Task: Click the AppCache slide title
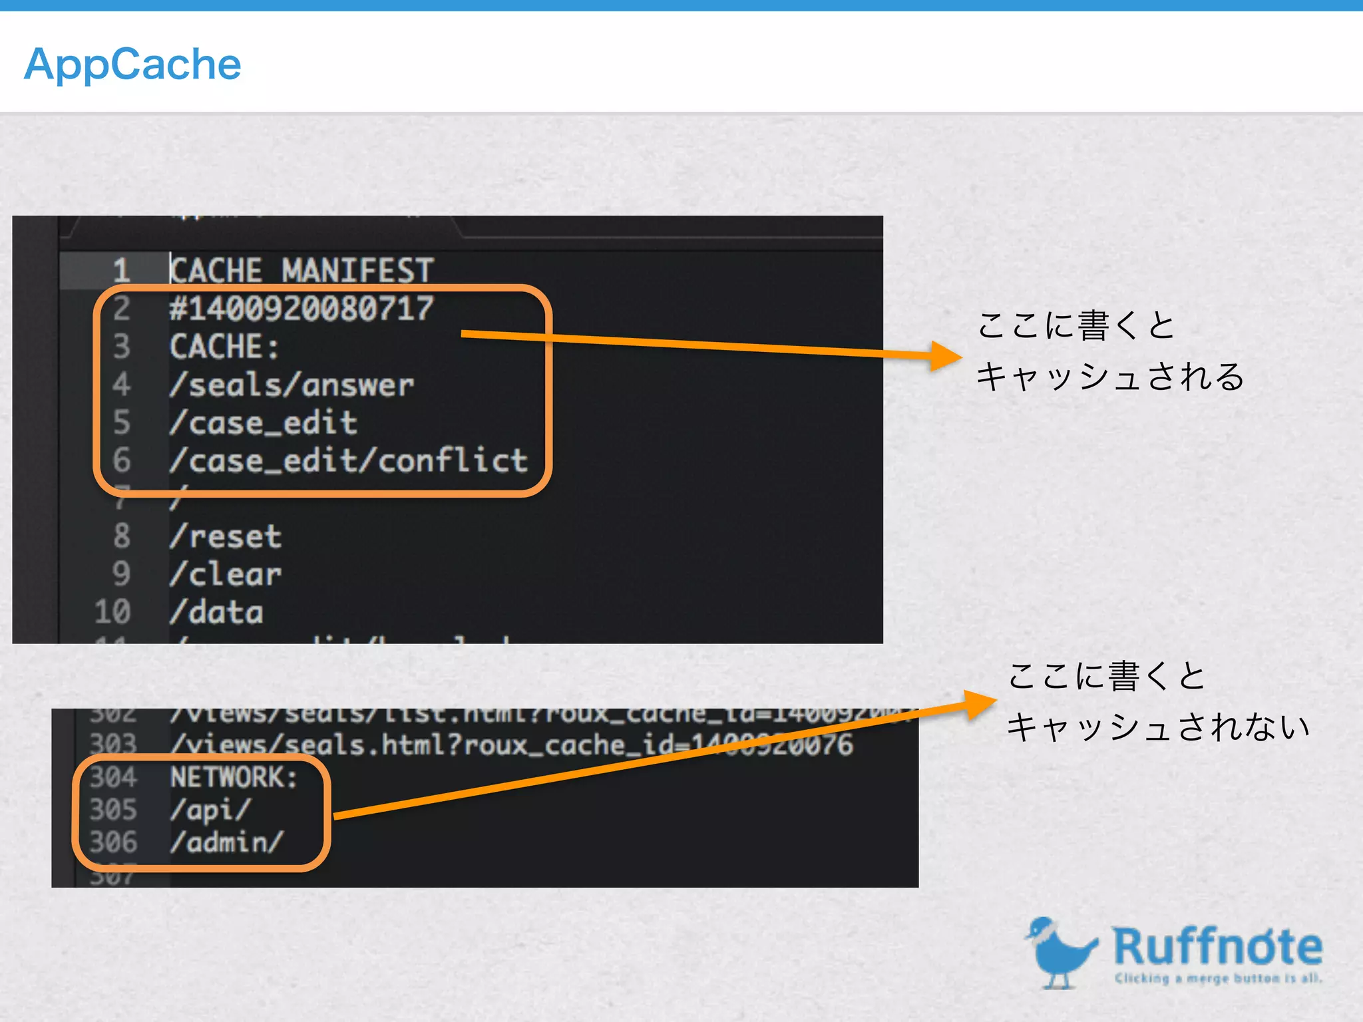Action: (x=132, y=65)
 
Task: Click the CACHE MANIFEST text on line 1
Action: (x=301, y=270)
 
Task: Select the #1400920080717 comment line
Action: (x=301, y=309)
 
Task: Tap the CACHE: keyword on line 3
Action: (x=224, y=347)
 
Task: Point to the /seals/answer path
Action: (x=292, y=385)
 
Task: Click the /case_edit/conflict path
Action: (x=349, y=460)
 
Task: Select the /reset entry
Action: (x=226, y=536)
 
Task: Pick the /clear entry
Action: (x=226, y=574)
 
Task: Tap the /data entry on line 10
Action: (x=216, y=612)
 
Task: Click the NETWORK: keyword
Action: (x=234, y=777)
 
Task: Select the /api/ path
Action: (x=210, y=810)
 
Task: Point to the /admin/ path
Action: (x=227, y=842)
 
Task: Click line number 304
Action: (x=113, y=777)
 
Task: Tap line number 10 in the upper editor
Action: (x=112, y=612)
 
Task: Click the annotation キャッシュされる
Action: (x=1110, y=377)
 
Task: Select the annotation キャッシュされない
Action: (x=1158, y=727)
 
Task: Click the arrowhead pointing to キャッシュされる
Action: (x=946, y=356)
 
